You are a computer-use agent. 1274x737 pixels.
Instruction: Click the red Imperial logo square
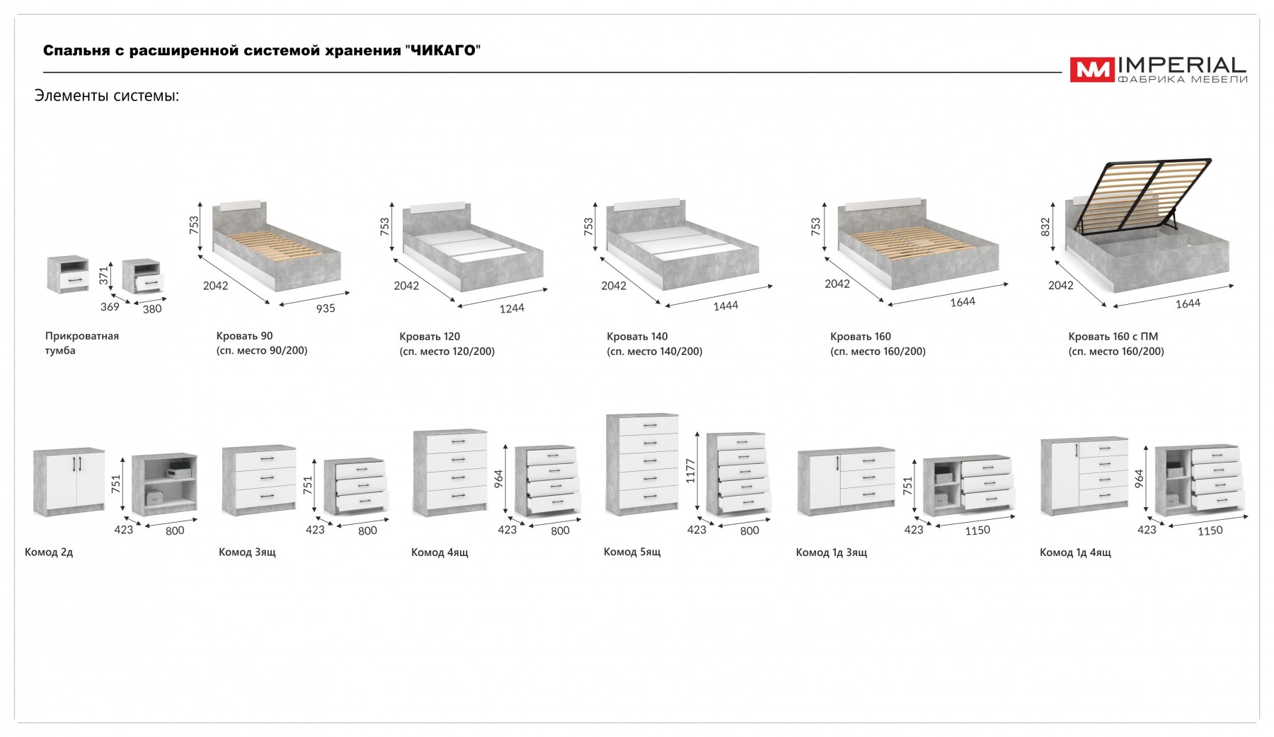click(1091, 69)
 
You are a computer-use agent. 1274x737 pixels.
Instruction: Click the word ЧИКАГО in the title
click(442, 50)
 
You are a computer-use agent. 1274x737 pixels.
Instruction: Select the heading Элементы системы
click(107, 95)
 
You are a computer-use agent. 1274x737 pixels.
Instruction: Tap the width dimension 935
click(326, 308)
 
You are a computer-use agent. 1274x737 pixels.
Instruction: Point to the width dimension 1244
click(512, 308)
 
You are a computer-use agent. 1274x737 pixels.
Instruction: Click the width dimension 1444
click(725, 306)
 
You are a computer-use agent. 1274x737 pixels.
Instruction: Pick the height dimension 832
click(1046, 226)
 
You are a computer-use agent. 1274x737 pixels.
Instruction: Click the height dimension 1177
click(691, 471)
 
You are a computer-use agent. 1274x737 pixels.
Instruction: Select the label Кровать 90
click(244, 336)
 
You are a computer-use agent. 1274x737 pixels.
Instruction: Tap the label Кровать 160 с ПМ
click(1113, 337)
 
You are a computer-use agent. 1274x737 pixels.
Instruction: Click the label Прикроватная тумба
click(81, 343)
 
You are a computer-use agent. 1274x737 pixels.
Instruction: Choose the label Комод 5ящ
click(632, 552)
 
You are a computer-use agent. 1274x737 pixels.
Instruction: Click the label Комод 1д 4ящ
click(1075, 552)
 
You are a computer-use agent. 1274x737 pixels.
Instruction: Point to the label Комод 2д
click(49, 552)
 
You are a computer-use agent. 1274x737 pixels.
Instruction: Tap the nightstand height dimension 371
click(104, 276)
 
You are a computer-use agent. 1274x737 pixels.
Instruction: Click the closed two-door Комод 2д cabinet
click(69, 481)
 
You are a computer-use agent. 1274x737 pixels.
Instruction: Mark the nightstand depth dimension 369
click(110, 307)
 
